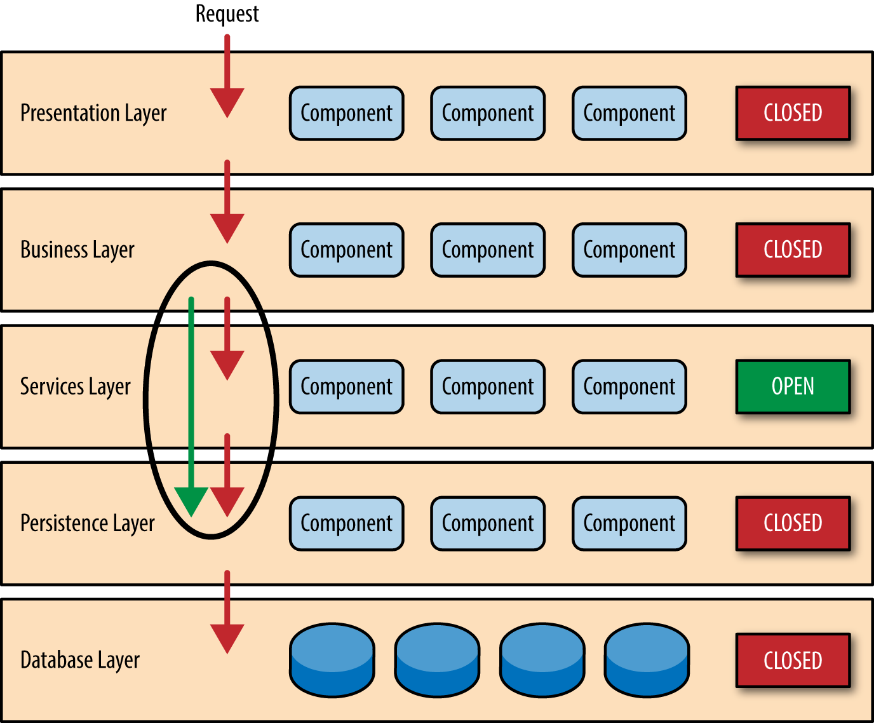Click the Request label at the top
pyautogui.click(x=227, y=13)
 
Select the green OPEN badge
pyautogui.click(x=793, y=386)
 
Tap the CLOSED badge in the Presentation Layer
pyautogui.click(x=793, y=113)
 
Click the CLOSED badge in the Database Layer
pyautogui.click(x=793, y=660)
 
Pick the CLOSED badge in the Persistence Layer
pyautogui.click(x=793, y=523)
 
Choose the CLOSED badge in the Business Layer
pyautogui.click(x=793, y=250)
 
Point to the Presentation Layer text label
pyautogui.click(x=93, y=113)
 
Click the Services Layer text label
pyautogui.click(x=75, y=386)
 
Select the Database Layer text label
pyautogui.click(x=80, y=660)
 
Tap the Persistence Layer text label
pyautogui.click(x=88, y=523)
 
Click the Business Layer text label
pyautogui.click(x=77, y=250)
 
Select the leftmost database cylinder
pyautogui.click(x=332, y=659)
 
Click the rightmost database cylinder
pyautogui.click(x=647, y=659)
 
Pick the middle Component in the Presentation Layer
pyautogui.click(x=488, y=113)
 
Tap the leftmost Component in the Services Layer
pyautogui.click(x=346, y=386)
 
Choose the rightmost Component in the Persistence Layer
pyautogui.click(x=629, y=523)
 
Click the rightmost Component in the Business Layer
pyautogui.click(x=629, y=250)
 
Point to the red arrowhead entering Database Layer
pyautogui.click(x=227, y=637)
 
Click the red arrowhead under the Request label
pyautogui.click(x=227, y=102)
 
